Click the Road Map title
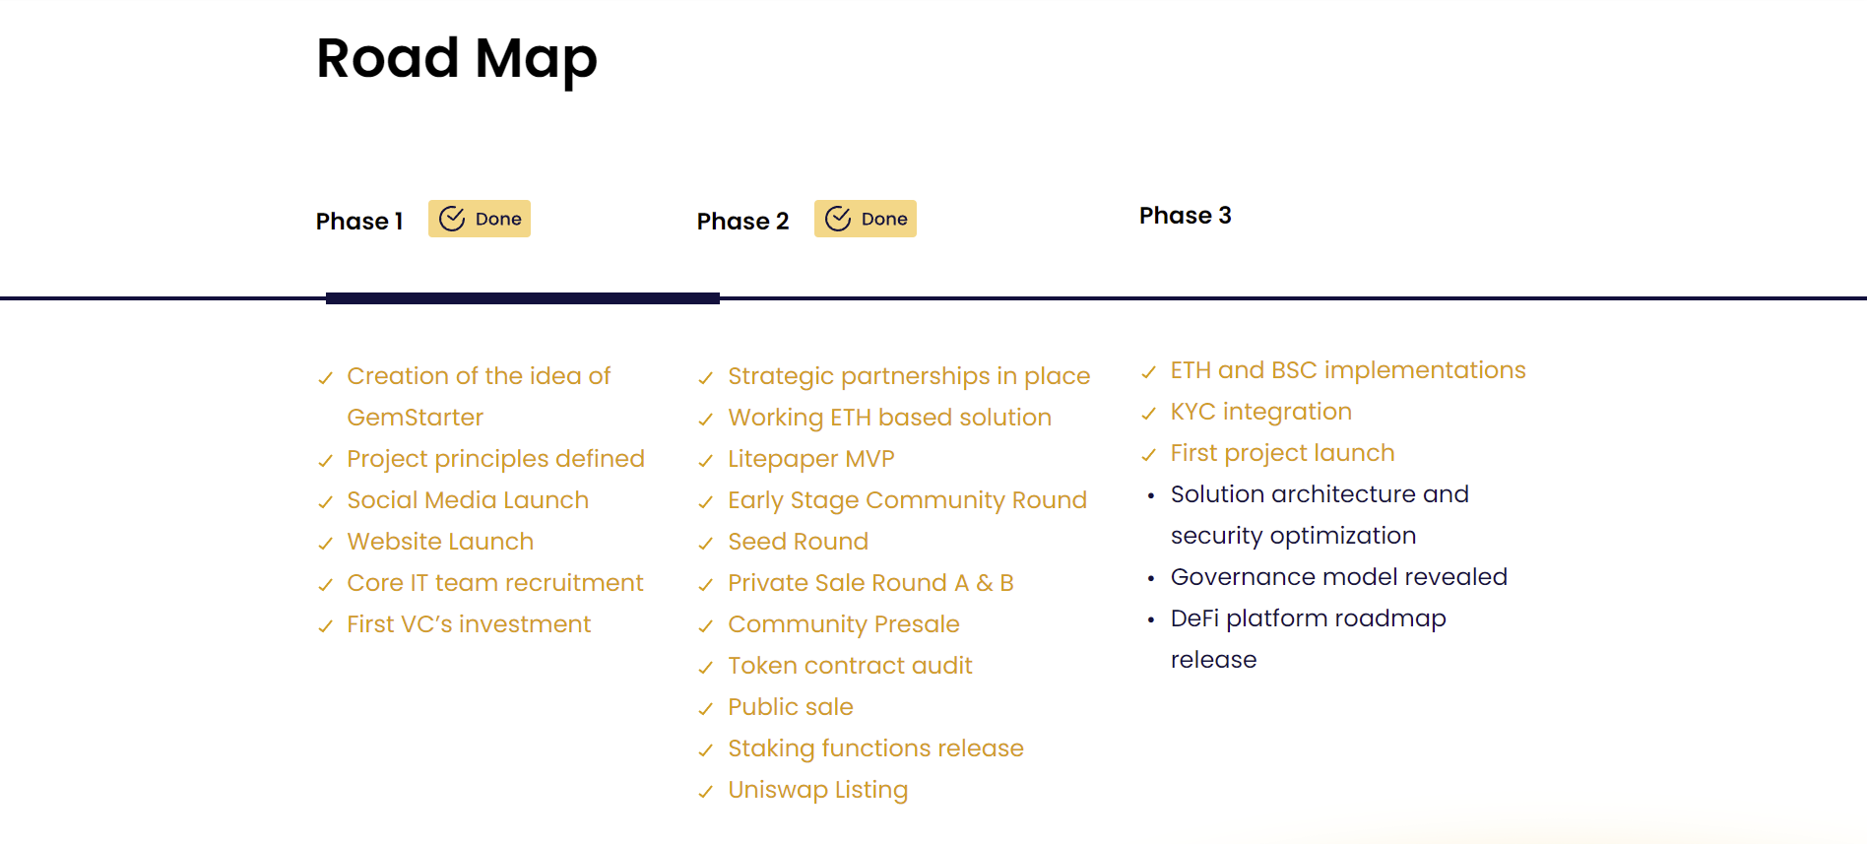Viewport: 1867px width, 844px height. [x=457, y=59]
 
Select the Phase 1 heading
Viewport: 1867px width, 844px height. [x=359, y=221]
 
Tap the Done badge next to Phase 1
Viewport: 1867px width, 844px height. [x=480, y=219]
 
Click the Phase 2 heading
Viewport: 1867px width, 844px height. [x=743, y=221]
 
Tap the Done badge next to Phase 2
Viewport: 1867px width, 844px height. [x=866, y=219]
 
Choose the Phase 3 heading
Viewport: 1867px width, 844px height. [x=1186, y=216]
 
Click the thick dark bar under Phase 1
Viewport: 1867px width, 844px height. [x=523, y=298]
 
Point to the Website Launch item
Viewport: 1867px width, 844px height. [x=440, y=542]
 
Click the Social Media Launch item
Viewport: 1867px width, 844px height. [x=468, y=500]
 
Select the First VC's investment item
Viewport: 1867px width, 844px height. [x=469, y=624]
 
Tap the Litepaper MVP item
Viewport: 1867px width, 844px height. [x=811, y=459]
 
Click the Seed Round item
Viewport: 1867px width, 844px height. [x=799, y=542]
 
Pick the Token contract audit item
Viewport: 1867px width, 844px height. [x=851, y=666]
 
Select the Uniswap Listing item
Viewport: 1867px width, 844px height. [x=818, y=790]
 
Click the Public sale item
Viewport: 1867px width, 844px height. [x=791, y=707]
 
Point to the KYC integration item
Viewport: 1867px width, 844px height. [x=1261, y=412]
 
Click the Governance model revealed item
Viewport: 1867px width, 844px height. [x=1339, y=577]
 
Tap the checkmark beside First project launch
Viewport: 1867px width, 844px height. [x=1148, y=454]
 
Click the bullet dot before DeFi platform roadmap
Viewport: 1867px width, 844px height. [x=1151, y=619]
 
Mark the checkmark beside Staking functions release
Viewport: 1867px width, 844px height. [x=705, y=749]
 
